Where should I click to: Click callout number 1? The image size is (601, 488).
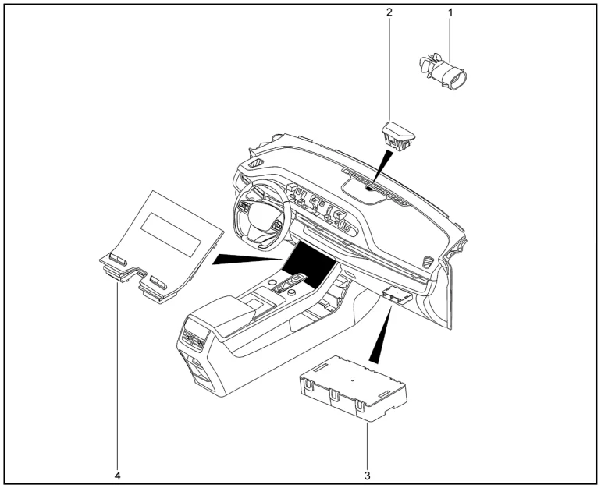click(450, 12)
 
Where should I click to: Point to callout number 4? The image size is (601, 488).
click(118, 473)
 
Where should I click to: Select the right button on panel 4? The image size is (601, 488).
click(158, 280)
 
